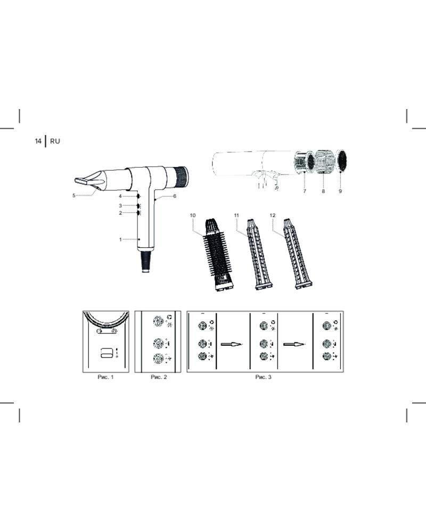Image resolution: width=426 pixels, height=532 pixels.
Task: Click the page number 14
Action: [x=38, y=141]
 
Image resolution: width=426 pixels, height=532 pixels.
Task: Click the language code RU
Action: [x=55, y=141]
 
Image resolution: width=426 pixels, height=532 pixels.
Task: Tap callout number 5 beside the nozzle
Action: [x=73, y=195]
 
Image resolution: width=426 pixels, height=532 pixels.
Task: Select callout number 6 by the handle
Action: [x=175, y=196]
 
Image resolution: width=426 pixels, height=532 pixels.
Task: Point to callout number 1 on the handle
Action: [x=120, y=239]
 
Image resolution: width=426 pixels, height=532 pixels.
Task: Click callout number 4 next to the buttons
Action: [x=120, y=196]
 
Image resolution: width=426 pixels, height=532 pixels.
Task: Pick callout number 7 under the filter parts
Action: [x=305, y=192]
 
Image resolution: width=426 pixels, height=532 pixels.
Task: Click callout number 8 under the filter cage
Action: [x=323, y=192]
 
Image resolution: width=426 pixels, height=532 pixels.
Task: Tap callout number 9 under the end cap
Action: [x=340, y=192]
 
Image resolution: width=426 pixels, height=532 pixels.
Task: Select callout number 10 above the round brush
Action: [x=193, y=215]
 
